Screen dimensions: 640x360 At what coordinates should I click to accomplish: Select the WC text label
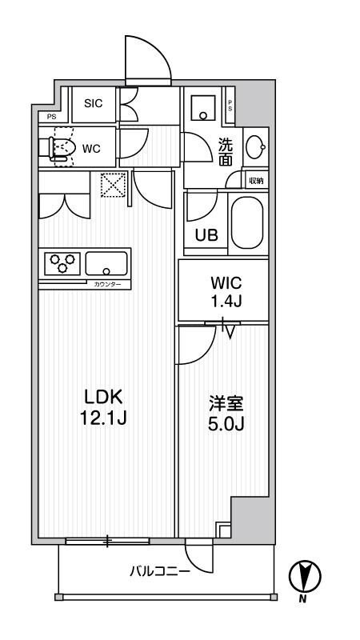point(90,148)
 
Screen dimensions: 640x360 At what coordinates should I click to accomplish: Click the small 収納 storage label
point(255,182)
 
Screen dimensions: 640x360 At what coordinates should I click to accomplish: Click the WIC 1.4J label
point(222,292)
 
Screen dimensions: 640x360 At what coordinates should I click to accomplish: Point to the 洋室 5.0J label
point(222,414)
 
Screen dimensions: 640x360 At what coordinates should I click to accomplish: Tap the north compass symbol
point(304,575)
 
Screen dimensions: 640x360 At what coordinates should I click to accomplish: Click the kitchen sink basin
point(106,262)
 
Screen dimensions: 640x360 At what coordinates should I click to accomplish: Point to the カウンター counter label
point(106,284)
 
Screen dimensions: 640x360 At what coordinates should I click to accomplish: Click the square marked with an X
point(110,186)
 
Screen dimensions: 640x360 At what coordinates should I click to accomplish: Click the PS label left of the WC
point(52,117)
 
